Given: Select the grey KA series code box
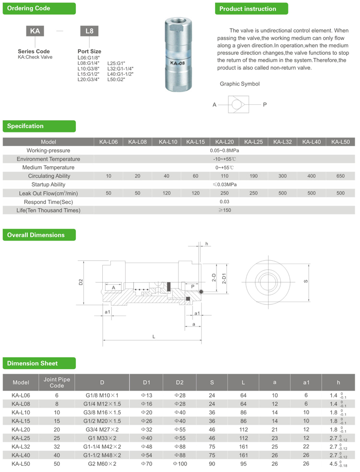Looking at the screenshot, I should [35, 31].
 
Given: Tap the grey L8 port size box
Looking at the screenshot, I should [89, 31].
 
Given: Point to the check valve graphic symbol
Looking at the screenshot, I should [239, 104].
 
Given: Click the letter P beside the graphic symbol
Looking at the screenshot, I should [264, 104].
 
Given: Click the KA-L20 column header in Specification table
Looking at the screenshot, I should [225, 142].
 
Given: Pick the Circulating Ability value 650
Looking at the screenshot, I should [340, 176].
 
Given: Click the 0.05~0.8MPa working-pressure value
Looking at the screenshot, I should [225, 151].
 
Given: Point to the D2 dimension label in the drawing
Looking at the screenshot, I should [81, 282].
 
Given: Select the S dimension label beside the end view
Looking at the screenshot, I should [306, 281].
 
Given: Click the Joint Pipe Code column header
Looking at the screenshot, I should [57, 383].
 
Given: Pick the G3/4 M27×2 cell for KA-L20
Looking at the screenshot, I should [102, 429].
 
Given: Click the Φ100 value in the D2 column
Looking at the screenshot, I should [179, 464].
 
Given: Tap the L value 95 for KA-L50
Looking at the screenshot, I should [243, 464].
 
